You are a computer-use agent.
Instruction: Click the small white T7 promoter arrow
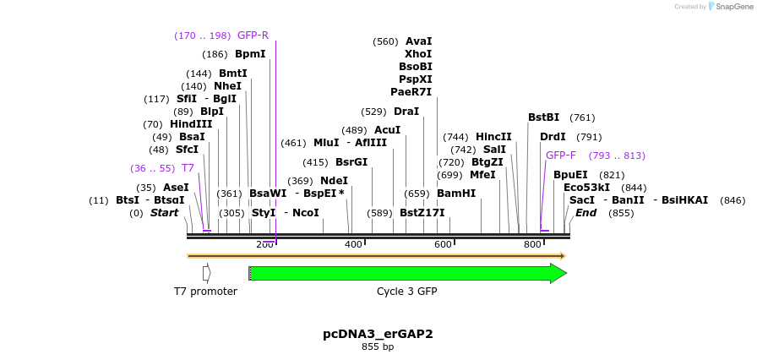pos(207,273)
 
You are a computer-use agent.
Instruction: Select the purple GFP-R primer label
pos(253,35)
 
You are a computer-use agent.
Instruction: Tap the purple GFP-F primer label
pos(561,155)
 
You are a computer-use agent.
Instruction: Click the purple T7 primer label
pos(188,168)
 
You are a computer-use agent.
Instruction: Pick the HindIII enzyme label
pos(191,124)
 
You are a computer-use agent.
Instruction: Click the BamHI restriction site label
pos(456,194)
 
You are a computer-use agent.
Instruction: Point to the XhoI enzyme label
pos(418,53)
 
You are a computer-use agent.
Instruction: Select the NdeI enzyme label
pos(334,181)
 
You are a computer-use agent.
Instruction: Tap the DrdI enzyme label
pos(553,137)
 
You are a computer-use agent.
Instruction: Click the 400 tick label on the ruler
pos(353,244)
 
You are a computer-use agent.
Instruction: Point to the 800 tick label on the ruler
pos(532,244)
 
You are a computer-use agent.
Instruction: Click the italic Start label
pos(164,213)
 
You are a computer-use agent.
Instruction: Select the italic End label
pos(586,213)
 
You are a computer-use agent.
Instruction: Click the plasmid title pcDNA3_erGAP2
pos(378,334)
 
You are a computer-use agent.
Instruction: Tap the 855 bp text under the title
pos(378,346)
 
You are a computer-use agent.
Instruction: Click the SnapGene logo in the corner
pos(729,7)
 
